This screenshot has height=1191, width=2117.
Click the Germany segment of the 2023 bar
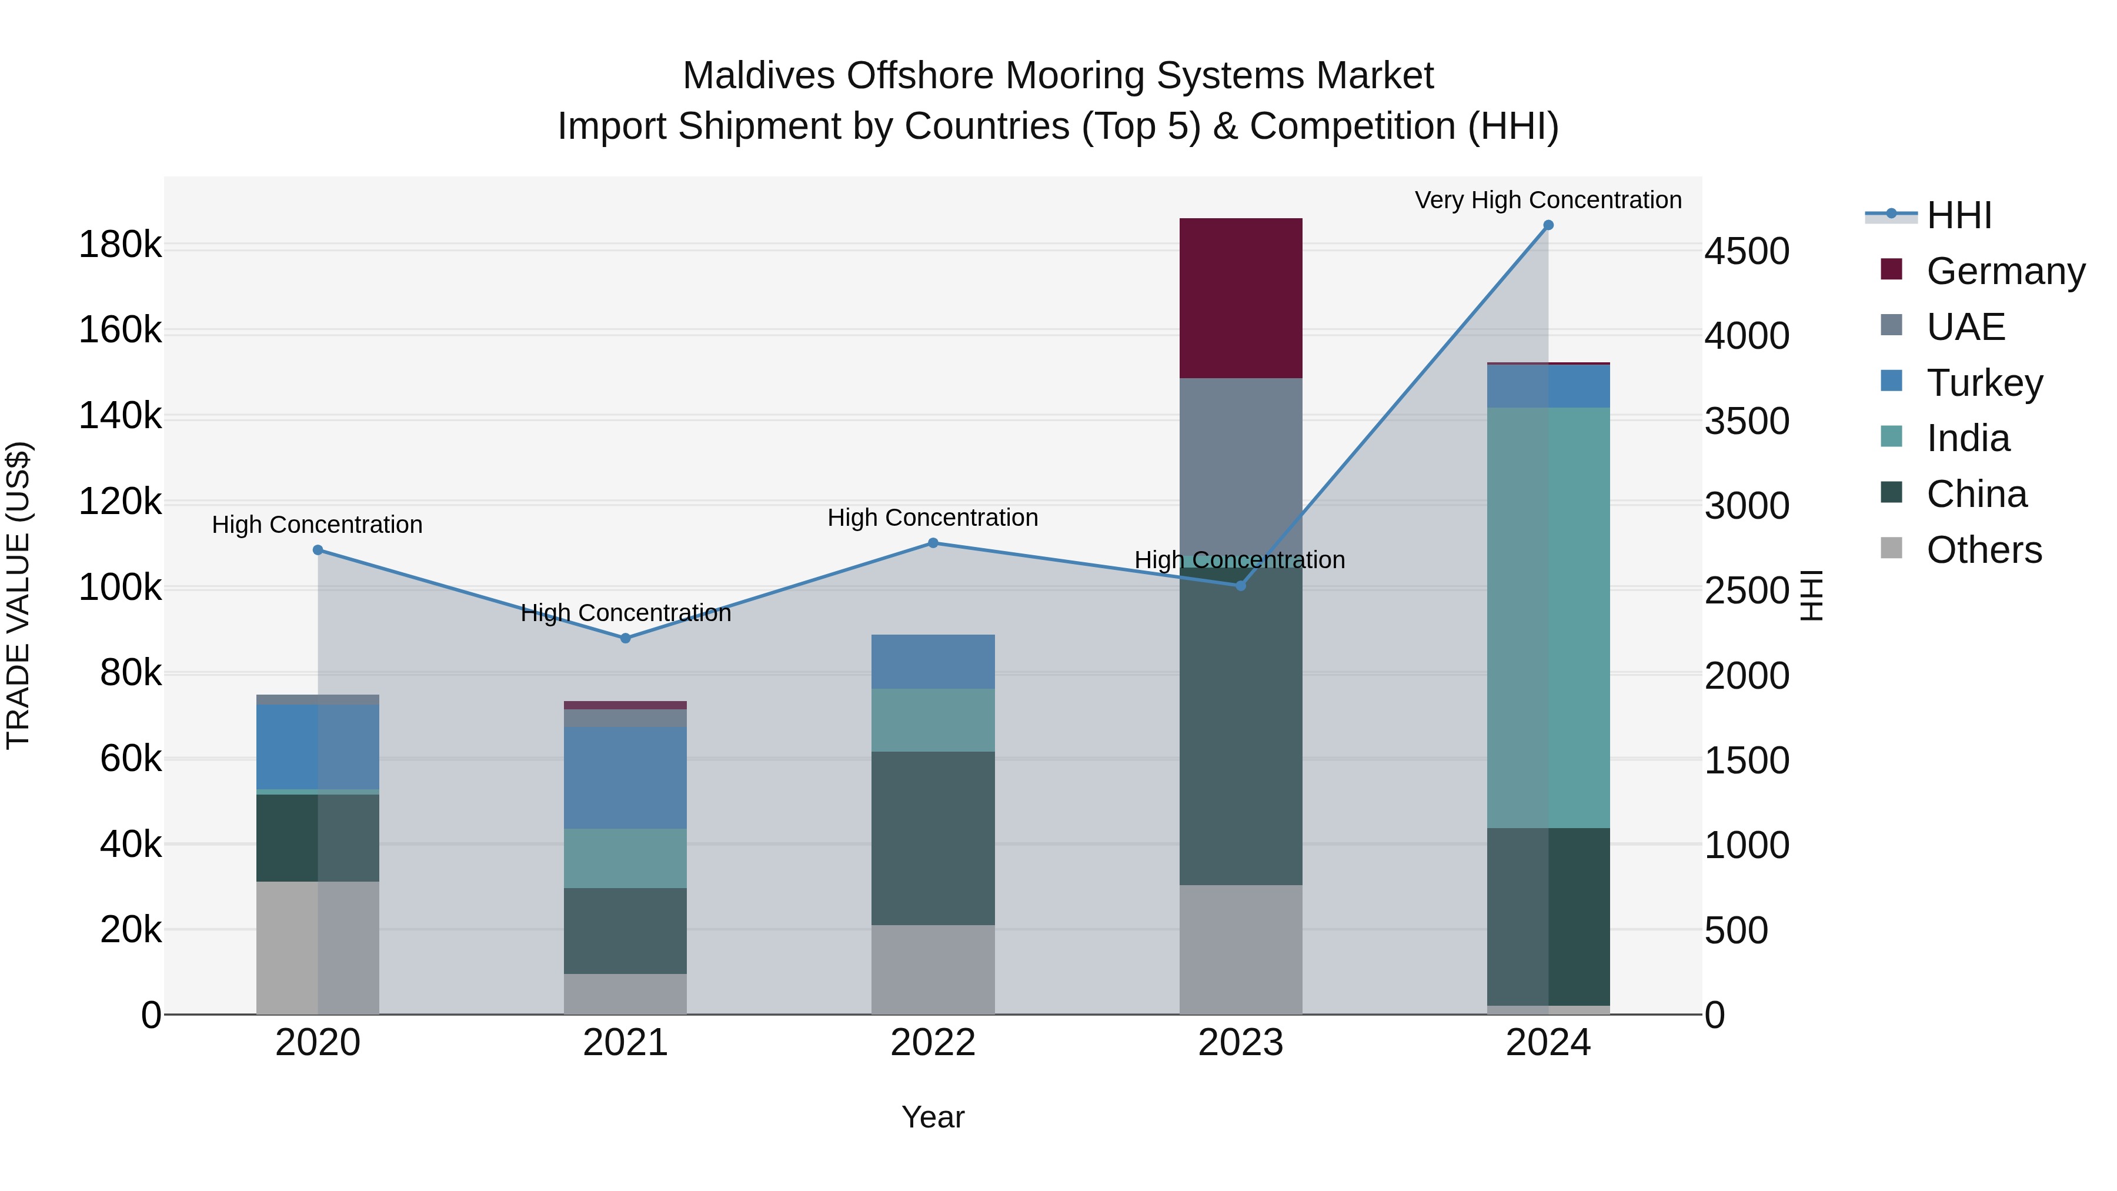1240,298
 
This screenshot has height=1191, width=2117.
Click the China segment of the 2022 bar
933,838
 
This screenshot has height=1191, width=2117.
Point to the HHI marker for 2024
1548,225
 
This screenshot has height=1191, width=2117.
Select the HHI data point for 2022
933,542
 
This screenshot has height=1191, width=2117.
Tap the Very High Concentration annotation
1548,201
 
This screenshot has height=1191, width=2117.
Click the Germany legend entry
2005,271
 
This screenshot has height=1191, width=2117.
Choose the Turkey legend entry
1984,383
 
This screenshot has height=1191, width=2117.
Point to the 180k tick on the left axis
120,245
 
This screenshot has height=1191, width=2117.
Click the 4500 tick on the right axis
1747,252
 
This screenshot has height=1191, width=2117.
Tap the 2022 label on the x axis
933,1043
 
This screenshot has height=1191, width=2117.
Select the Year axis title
933,1117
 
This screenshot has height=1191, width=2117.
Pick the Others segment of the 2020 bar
317,947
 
